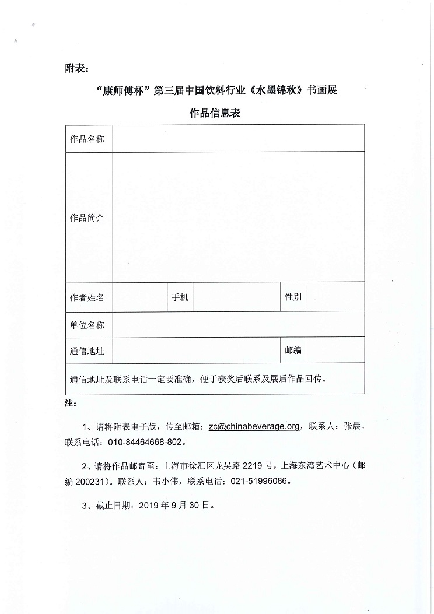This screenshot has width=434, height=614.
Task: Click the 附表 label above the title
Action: (x=76, y=69)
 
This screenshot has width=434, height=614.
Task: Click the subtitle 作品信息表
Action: (x=215, y=113)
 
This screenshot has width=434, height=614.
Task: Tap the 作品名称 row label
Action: (x=87, y=139)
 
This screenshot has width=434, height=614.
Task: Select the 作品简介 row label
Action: (x=87, y=217)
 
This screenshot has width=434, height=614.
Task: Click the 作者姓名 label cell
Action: (x=87, y=297)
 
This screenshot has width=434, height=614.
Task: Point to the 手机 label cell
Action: (x=180, y=297)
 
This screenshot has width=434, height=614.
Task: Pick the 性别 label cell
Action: (x=293, y=297)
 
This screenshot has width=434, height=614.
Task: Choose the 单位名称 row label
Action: (x=87, y=324)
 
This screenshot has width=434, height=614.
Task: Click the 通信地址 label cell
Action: (x=87, y=350)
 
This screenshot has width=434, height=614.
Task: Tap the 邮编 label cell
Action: (x=293, y=350)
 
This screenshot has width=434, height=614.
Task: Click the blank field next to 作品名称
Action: (x=239, y=139)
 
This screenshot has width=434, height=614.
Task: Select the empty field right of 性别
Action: (x=335, y=297)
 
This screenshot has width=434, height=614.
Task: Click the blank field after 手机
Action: (x=236, y=297)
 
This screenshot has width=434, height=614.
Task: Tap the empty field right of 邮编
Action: (x=335, y=350)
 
